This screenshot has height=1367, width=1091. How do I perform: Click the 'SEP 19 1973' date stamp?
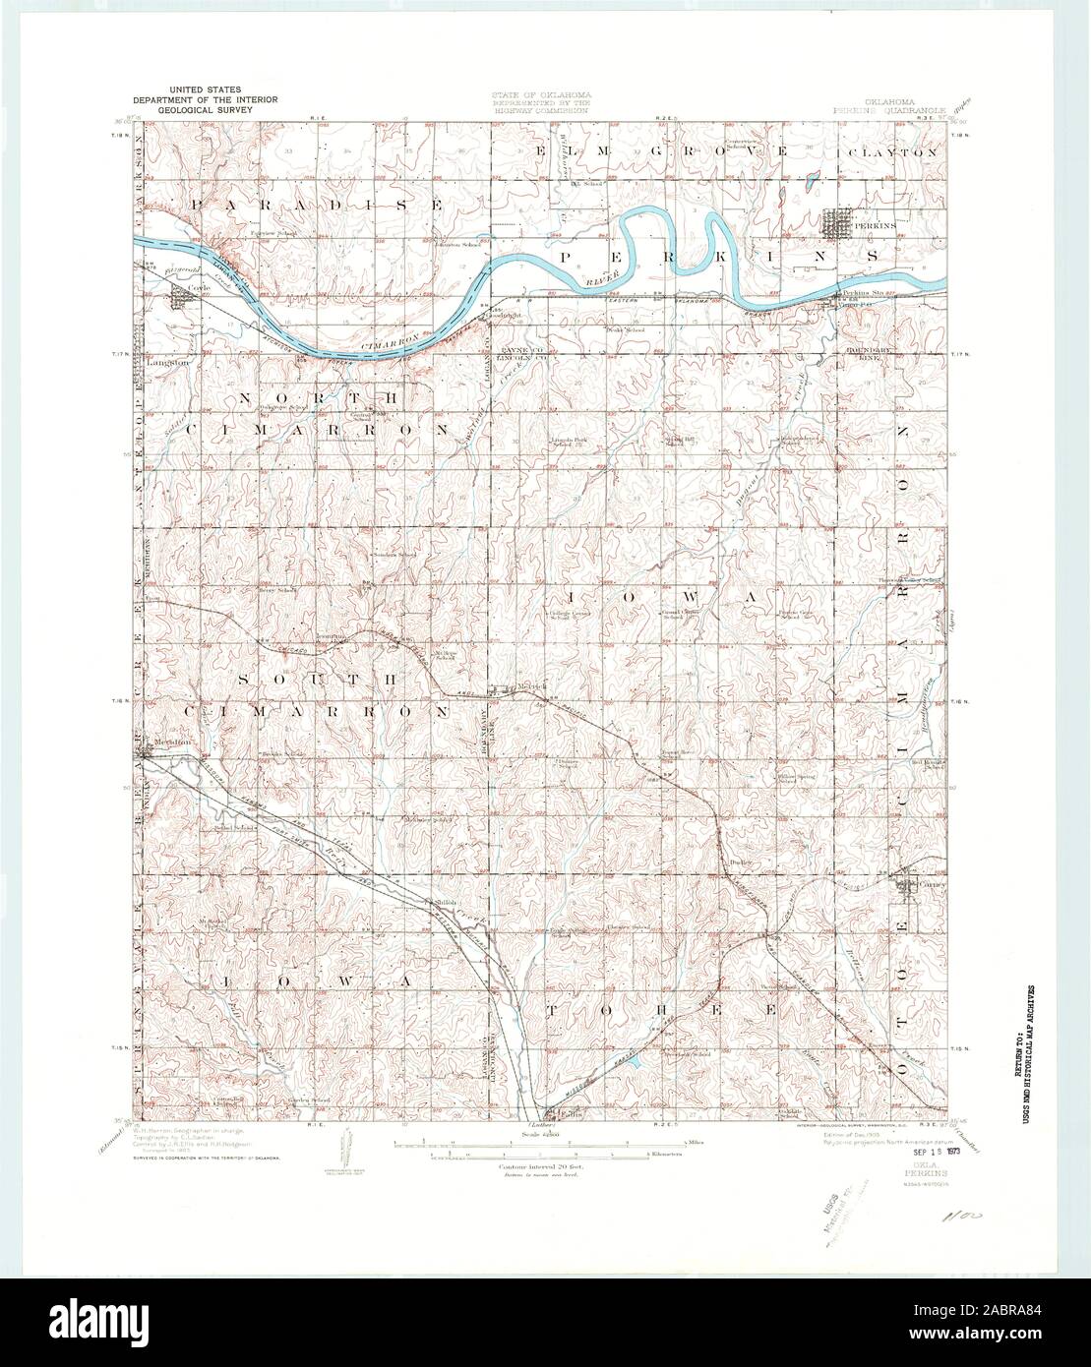coord(935,1152)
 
